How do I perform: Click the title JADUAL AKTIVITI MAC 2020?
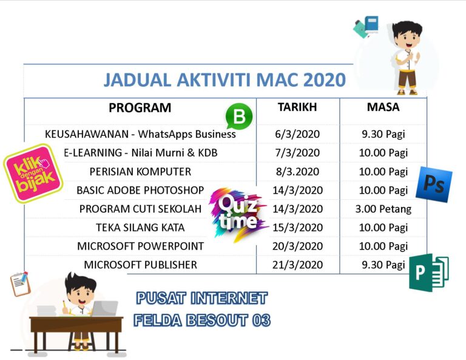225,80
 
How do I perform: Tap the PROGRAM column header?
140,108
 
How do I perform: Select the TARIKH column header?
297,107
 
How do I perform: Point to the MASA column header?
383,107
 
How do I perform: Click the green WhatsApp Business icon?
238,116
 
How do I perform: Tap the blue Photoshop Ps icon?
434,184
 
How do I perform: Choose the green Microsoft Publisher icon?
428,273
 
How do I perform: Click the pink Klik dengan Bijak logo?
33,172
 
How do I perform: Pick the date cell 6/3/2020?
297,134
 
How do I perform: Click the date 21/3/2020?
297,265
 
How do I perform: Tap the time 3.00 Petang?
383,209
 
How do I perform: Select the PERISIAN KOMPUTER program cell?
140,171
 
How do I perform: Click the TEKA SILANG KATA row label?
140,228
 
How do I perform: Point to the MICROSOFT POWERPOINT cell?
140,246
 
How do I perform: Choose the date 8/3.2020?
297,171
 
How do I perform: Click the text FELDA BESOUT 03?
202,320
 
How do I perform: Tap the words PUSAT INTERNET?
201,299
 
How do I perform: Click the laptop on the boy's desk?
104,308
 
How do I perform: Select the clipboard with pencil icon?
20,284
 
